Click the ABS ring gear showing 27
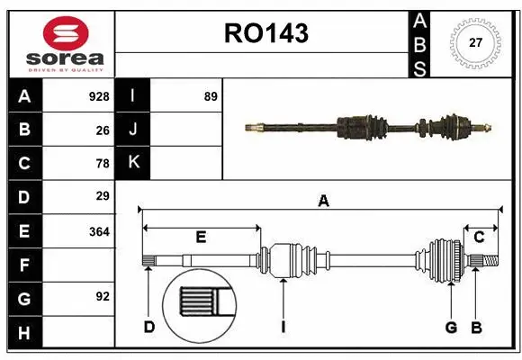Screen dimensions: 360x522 pyautogui.click(x=474, y=42)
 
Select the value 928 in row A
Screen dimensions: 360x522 pyautogui.click(x=98, y=96)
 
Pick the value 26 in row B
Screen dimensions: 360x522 pyautogui.click(x=102, y=130)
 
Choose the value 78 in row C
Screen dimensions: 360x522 pyautogui.click(x=102, y=164)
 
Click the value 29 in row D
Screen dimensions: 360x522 pyautogui.click(x=102, y=196)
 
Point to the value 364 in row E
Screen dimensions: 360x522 pyautogui.click(x=98, y=231)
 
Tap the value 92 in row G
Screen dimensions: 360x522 pyautogui.click(x=102, y=296)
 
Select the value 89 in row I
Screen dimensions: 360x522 pyautogui.click(x=211, y=96)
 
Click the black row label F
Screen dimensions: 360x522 pyautogui.click(x=24, y=265)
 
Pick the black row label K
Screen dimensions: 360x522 pyautogui.click(x=133, y=163)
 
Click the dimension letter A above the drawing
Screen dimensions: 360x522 pyautogui.click(x=323, y=202)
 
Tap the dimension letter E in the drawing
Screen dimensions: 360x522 pyautogui.click(x=201, y=237)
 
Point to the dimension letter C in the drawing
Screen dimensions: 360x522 pyautogui.click(x=479, y=237)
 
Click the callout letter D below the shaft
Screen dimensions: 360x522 pyautogui.click(x=149, y=327)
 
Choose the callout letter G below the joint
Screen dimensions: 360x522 pyautogui.click(x=452, y=327)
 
